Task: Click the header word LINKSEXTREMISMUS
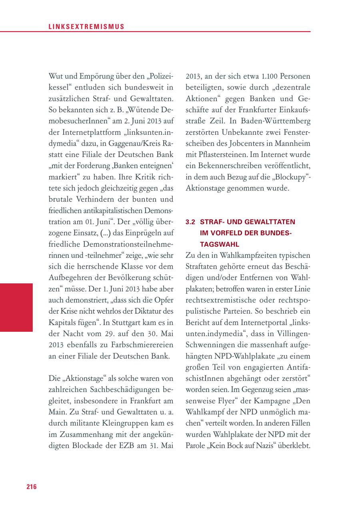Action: pos(86,27)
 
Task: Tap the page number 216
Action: pos(32,486)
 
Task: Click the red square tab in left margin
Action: pos(16,307)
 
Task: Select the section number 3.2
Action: pos(190,222)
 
